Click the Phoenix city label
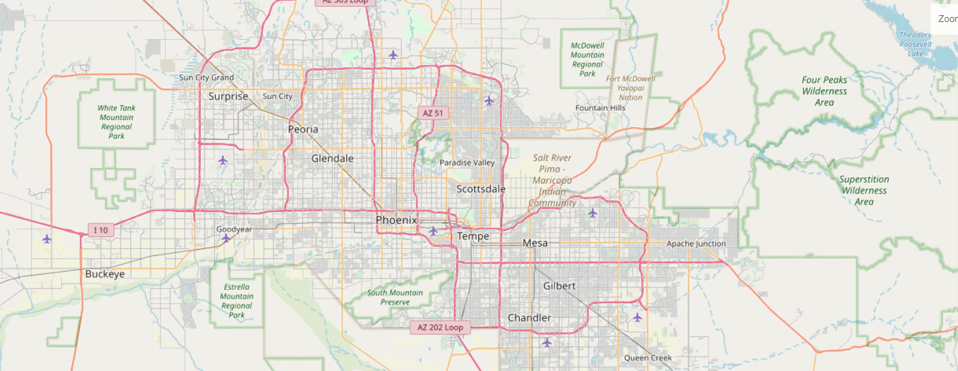coord(396,220)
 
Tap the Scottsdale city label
coord(481,189)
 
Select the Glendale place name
coord(332,158)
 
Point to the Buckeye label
coord(105,274)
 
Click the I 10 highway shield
coord(101,230)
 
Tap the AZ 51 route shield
coord(433,113)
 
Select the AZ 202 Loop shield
coord(440,328)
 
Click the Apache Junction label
coord(696,243)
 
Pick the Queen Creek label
coord(648,358)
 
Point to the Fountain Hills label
coord(601,108)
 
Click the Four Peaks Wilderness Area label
coord(824,91)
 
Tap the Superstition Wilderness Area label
coord(864,191)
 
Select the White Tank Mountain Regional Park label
coord(116,122)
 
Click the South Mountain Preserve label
coord(395,297)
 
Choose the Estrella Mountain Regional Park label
coord(237,301)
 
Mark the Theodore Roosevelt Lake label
coord(915,44)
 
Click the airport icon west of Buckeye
coord(46,239)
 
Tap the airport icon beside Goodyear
coord(226,238)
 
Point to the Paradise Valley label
coord(467,163)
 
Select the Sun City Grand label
coord(206,78)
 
